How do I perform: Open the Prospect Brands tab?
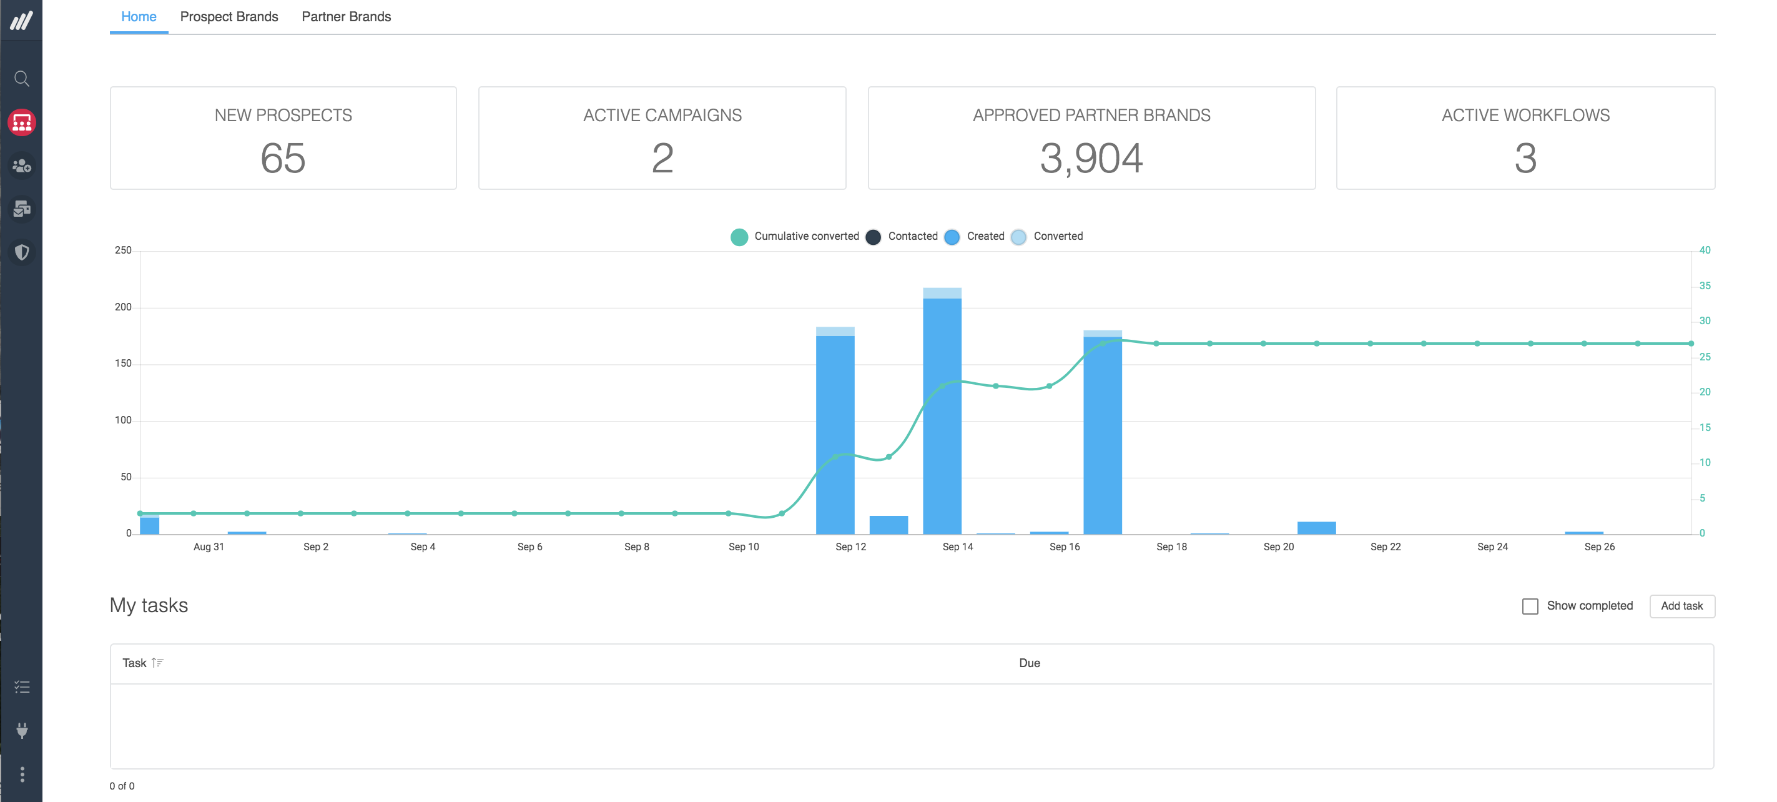click(229, 17)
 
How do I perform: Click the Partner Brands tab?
click(346, 17)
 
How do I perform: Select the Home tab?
click(139, 17)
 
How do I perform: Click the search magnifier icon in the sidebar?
click(22, 79)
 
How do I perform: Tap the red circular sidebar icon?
click(22, 122)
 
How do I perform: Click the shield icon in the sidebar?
click(22, 252)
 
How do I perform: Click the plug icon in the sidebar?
click(22, 730)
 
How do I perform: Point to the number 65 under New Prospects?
click(283, 158)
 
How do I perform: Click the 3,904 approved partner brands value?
click(1091, 158)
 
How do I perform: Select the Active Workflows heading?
click(1525, 116)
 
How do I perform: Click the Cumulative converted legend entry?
click(795, 237)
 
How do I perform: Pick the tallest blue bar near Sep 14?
click(942, 414)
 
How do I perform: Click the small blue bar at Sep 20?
click(1316, 528)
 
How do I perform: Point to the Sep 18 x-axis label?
click(1171, 547)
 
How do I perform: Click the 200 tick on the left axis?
click(123, 307)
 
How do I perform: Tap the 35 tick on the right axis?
click(1705, 285)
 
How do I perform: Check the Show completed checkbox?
click(1530, 606)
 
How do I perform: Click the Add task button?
click(1681, 606)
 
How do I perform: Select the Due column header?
click(1029, 663)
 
